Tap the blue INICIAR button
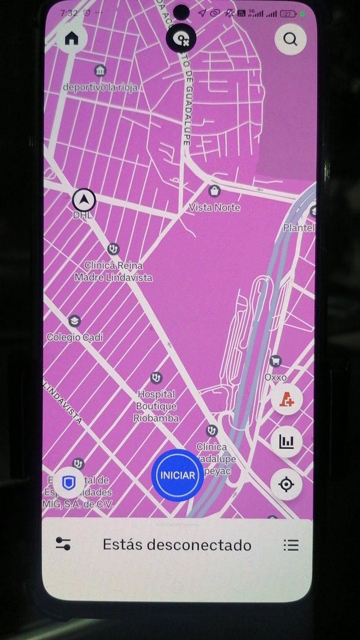pos(178,475)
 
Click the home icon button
pos(71,38)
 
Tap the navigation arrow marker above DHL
pos(84,200)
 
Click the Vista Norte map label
pos(215,207)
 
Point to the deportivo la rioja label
pos(100,86)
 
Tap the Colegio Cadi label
pos(75,337)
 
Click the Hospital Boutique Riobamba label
pos(156,406)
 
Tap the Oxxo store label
pos(276,377)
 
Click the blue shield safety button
pos(69,483)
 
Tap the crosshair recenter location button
pos(286,484)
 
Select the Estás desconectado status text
pos(177,545)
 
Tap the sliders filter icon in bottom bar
pos(63,545)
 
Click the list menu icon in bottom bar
pos(291,545)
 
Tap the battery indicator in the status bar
pos(289,13)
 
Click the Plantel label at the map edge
pos(299,228)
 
